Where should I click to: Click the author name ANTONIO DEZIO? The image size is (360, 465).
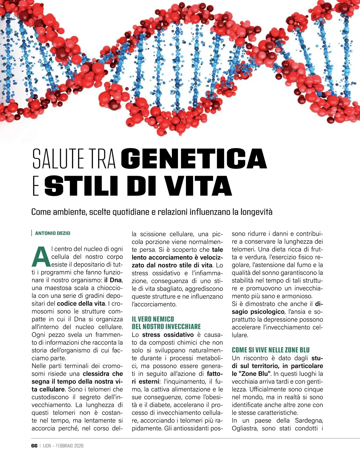pyautogui.click(x=52, y=233)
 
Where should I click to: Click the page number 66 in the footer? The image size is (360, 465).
pyautogui.click(x=34, y=446)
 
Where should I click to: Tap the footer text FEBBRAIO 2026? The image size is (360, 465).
pyautogui.click(x=70, y=446)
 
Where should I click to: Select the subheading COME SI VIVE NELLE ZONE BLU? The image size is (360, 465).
pyautogui.click(x=271, y=350)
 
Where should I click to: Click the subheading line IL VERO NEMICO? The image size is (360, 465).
pyautogui.click(x=153, y=319)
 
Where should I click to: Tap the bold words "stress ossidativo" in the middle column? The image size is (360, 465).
pyautogui.click(x=168, y=335)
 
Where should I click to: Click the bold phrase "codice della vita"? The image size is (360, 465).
pyautogui.click(x=81, y=303)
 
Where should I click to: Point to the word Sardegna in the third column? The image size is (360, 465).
pyautogui.click(x=309, y=421)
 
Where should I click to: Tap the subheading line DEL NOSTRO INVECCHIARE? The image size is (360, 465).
pyautogui.click(x=166, y=327)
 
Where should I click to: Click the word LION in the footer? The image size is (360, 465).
pyautogui.click(x=47, y=446)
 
